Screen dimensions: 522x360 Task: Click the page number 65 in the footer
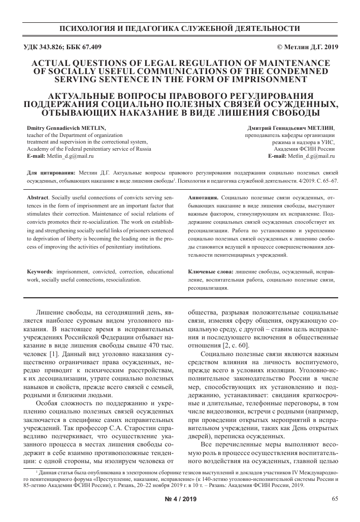pyautogui.click(x=335, y=499)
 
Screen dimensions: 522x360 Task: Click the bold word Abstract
pyautogui.click(x=38, y=197)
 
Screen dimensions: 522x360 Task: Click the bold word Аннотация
pyautogui.click(x=203, y=197)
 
